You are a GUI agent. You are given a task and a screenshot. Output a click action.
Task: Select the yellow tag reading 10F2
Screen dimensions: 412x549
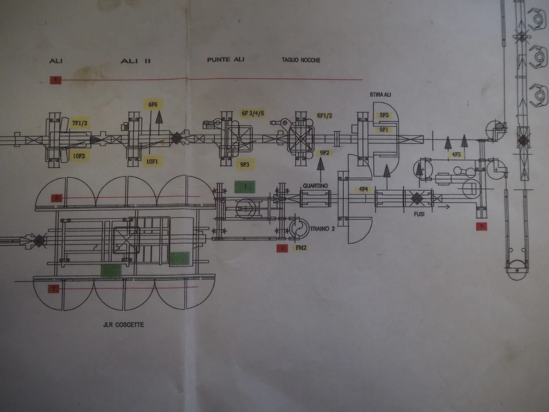click(80, 154)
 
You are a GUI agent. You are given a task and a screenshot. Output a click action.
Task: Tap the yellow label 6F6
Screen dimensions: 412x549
click(152, 104)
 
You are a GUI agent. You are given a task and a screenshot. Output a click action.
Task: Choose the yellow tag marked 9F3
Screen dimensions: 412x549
click(244, 165)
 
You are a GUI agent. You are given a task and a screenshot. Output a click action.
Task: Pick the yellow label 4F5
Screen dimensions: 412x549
click(456, 155)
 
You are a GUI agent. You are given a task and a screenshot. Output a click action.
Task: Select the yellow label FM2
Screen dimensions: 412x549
click(299, 247)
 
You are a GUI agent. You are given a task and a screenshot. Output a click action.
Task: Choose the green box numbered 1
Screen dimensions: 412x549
click(244, 186)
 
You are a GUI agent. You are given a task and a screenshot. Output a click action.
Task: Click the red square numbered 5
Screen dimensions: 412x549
click(482, 225)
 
